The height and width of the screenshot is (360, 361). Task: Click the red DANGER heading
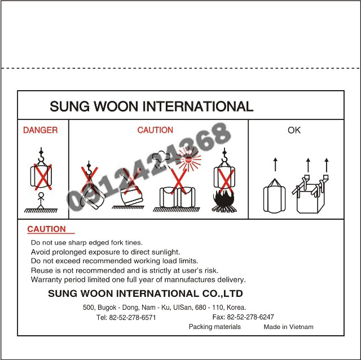tap(40, 130)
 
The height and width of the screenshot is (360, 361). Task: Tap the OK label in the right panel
tap(294, 130)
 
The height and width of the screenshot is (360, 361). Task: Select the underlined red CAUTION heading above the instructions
tap(46, 229)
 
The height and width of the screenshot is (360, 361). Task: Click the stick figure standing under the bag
tap(41, 201)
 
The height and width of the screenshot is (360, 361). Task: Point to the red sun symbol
tap(188, 159)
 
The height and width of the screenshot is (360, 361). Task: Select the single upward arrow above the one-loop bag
tap(275, 165)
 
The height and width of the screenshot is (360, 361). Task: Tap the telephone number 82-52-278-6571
tap(133, 318)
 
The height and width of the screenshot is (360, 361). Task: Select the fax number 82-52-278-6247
tap(250, 317)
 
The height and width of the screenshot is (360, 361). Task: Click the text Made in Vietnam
tap(288, 327)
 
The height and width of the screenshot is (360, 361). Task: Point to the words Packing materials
tap(214, 327)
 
